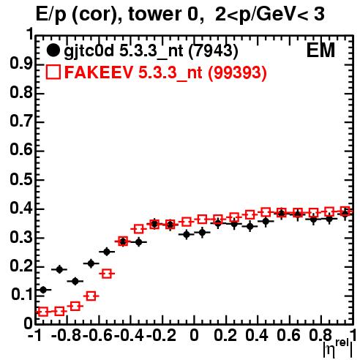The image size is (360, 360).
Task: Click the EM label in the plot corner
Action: click(x=320, y=50)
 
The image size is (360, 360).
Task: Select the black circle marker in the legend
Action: click(x=53, y=50)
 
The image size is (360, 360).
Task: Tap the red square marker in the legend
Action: click(x=53, y=72)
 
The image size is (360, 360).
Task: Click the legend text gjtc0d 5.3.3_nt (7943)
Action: click(x=151, y=51)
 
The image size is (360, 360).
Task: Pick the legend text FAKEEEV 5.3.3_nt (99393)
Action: click(x=165, y=72)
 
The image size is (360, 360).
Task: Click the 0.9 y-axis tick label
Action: click(x=21, y=64)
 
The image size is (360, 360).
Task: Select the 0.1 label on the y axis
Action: click(x=21, y=295)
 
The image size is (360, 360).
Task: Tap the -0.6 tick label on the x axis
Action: click(x=97, y=335)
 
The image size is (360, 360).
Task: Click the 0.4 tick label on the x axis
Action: click(x=257, y=335)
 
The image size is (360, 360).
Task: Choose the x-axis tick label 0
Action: click(x=194, y=335)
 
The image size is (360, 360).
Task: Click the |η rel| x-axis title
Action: click(x=338, y=348)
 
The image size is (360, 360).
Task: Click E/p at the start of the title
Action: click(x=51, y=15)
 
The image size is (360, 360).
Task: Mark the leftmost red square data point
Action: click(x=43, y=312)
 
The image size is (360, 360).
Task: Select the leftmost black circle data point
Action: click(x=43, y=290)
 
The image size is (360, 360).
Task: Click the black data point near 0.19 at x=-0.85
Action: click(x=59, y=269)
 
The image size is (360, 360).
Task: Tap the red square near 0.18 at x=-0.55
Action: click(x=107, y=274)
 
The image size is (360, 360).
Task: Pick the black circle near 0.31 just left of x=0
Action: click(x=187, y=235)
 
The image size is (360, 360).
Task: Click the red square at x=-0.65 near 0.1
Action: click(x=91, y=296)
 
